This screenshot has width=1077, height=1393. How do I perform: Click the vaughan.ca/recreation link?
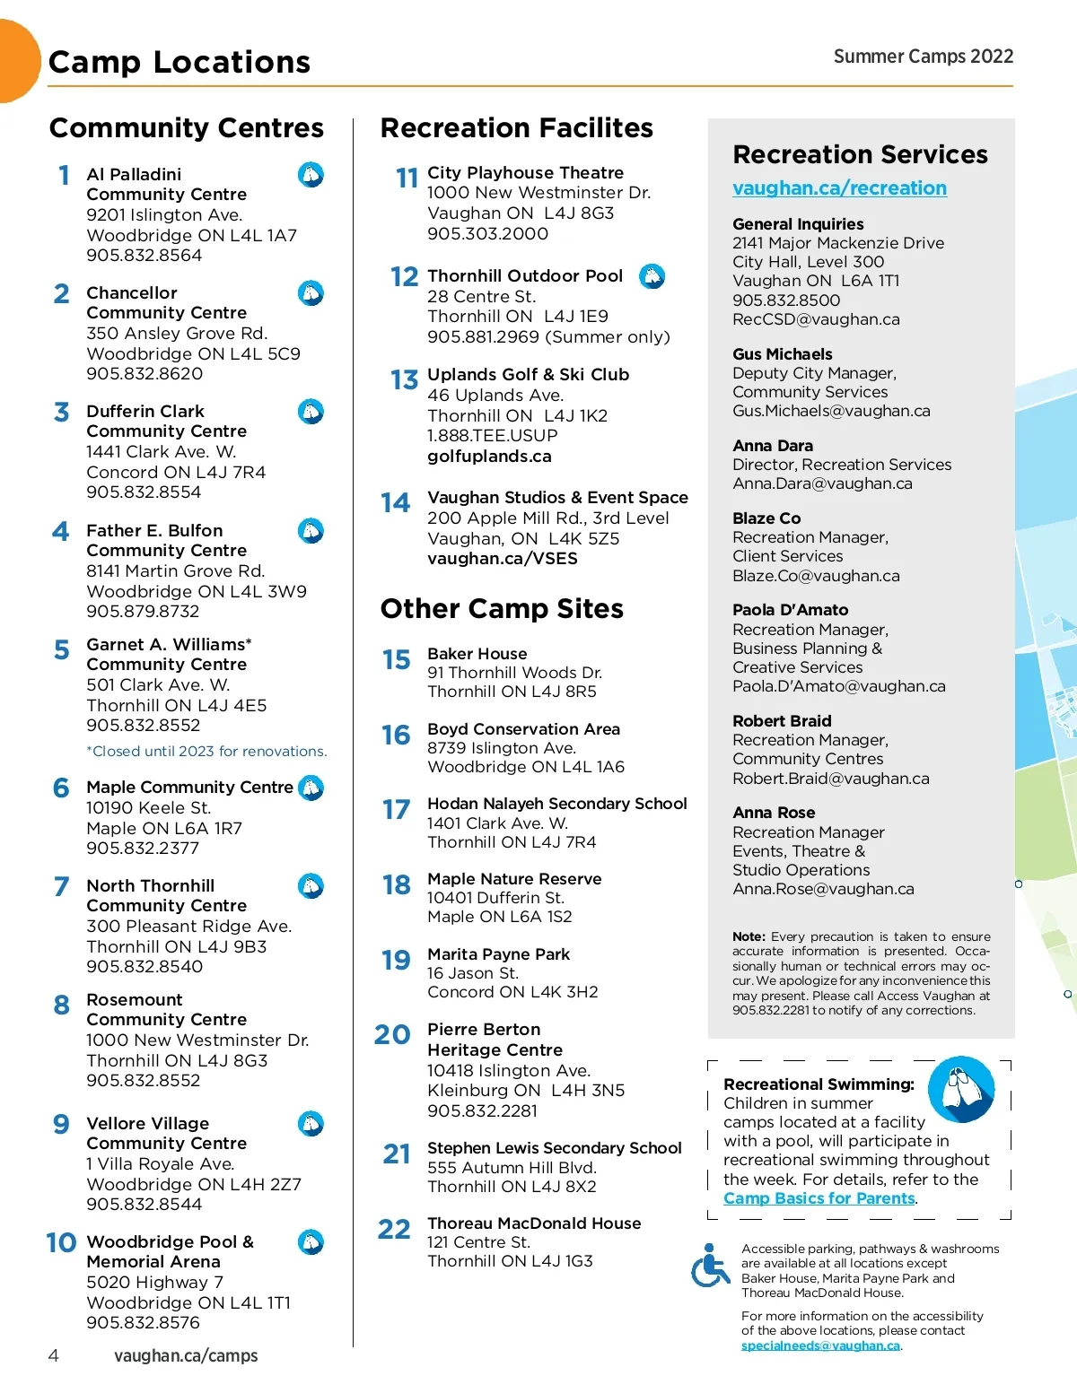coord(839,188)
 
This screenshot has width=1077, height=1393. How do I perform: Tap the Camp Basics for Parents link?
coord(819,1198)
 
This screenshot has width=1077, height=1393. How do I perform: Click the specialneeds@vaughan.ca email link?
coord(820,1345)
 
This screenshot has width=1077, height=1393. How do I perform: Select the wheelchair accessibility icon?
coord(710,1266)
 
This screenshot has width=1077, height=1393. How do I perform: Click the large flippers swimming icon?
coord(961,1089)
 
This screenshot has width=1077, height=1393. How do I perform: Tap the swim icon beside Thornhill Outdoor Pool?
coord(652,276)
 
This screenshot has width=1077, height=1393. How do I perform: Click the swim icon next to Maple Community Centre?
coord(311,788)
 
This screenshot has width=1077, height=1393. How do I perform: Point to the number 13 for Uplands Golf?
coord(405,380)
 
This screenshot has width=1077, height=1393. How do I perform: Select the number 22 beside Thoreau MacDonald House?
coord(394,1229)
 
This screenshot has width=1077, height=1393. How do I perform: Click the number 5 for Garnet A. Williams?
coord(62,649)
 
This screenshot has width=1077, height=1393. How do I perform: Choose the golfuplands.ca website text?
coord(489,457)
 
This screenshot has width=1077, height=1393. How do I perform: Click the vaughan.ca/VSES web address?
coord(502,559)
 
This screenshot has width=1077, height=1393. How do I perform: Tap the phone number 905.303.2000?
coord(487,234)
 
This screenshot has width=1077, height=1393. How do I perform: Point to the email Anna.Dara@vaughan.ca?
coord(822,483)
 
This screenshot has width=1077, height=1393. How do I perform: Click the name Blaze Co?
coord(766,518)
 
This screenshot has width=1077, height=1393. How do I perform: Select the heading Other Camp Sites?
coord(502,609)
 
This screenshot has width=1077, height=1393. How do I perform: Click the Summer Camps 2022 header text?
coord(923,57)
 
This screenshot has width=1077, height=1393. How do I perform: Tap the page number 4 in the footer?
coord(54,1355)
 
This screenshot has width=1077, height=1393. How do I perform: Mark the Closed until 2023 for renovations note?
coord(206,752)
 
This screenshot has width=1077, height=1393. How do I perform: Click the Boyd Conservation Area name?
coord(523,729)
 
